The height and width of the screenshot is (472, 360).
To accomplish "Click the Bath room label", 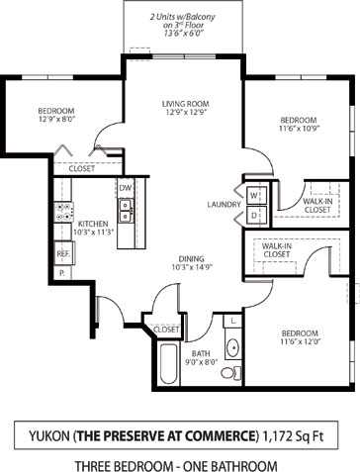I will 201,352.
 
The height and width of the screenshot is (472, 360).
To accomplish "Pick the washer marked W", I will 253,195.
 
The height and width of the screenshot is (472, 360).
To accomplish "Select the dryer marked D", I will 253,214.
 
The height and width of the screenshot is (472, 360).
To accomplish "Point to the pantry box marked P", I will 61,271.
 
